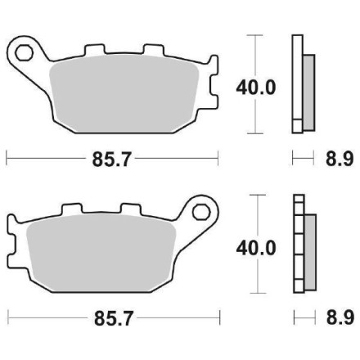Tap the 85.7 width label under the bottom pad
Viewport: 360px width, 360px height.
point(112,316)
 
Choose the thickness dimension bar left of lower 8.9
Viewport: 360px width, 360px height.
point(302,316)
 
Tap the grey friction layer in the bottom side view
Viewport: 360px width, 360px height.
point(308,249)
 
